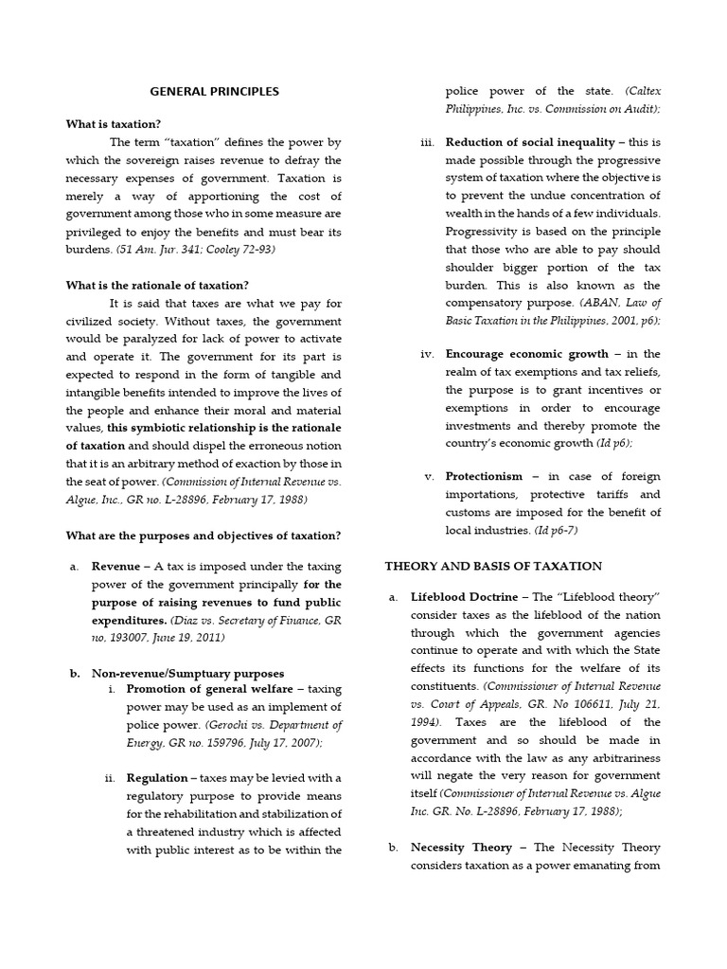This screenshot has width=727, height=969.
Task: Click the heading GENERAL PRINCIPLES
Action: tap(215, 92)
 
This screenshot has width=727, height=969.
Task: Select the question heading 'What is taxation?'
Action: tap(113, 124)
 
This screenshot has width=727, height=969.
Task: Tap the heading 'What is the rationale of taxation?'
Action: tap(157, 285)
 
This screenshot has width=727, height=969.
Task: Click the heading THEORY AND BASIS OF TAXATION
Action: tap(492, 566)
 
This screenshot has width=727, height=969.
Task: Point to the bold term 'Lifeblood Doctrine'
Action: tap(464, 598)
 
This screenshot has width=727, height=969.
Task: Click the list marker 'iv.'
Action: tap(427, 354)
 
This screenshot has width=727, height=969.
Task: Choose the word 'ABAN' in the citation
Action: tap(586, 303)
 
